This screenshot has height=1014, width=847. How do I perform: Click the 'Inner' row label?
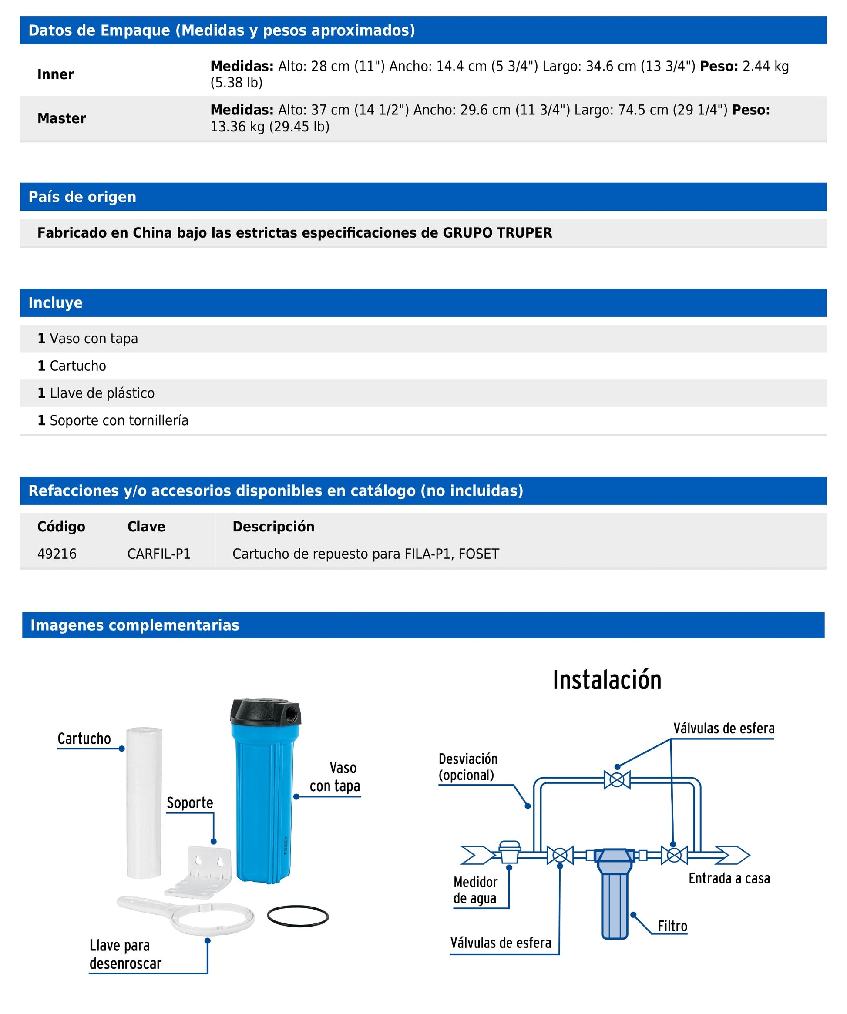coord(56,74)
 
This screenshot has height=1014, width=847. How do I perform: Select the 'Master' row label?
coord(61,118)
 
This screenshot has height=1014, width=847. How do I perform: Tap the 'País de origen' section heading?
coord(82,197)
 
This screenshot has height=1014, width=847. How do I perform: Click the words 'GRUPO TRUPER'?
coord(497,233)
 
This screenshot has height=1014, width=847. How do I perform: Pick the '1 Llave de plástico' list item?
coord(96,393)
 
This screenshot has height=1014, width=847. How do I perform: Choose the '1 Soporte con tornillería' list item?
coord(113,420)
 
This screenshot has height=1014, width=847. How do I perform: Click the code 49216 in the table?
coord(57,554)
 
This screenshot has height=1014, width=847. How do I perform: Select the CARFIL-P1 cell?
coord(159,554)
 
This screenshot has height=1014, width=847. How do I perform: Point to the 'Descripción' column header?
coord(273,526)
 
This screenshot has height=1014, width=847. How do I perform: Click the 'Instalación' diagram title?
coord(607,680)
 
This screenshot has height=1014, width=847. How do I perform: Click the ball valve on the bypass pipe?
coord(617,779)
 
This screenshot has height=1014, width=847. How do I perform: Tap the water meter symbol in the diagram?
coord(509,852)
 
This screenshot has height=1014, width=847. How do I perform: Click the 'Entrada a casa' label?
coord(729,878)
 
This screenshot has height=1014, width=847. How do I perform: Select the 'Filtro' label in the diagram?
coord(672,926)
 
